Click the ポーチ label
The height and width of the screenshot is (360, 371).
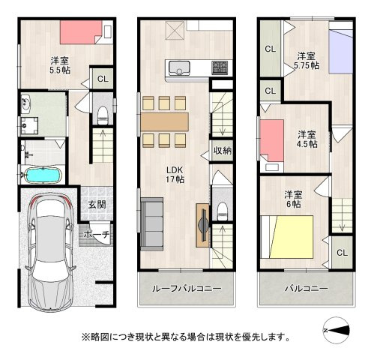coord(97,235)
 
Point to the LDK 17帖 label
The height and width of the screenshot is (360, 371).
coord(174,173)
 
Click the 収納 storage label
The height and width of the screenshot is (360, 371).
coord(222,150)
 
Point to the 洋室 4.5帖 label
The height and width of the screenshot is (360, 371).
coord(306,139)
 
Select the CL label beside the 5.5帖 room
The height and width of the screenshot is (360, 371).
coord(102,78)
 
